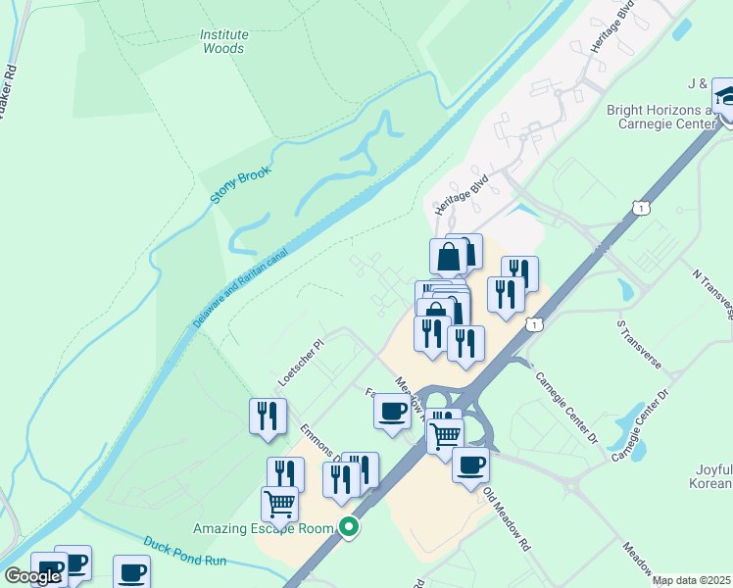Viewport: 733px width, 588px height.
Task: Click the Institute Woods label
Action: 223,41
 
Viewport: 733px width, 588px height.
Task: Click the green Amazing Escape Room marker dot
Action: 349,528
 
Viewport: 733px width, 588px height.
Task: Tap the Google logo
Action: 32,576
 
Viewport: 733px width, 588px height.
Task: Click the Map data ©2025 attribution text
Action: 692,580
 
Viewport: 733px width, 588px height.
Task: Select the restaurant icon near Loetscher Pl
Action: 267,416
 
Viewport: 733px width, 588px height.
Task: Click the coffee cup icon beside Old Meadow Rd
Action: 471,464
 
